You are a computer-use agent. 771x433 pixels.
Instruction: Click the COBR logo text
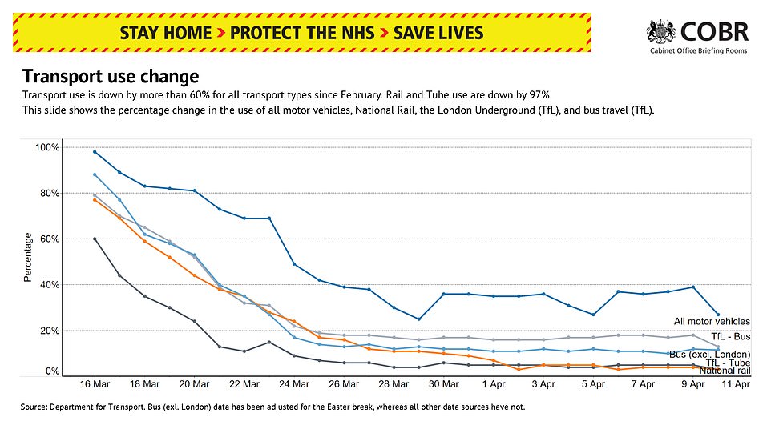[x=715, y=31]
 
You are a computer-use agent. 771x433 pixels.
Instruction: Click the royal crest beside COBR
[x=661, y=33]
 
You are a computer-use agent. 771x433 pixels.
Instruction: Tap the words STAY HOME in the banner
[x=165, y=33]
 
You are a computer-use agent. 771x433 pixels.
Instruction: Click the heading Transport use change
[x=110, y=77]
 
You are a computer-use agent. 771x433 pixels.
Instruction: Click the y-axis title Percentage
[x=28, y=257]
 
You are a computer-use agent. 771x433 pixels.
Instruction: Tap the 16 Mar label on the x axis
[x=95, y=384]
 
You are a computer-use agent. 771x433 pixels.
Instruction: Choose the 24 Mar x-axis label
[x=293, y=384]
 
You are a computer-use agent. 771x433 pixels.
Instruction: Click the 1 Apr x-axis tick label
[x=494, y=384]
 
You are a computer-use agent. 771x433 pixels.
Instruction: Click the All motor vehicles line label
[x=712, y=322]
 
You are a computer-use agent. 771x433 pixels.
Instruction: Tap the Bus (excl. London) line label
[x=708, y=354]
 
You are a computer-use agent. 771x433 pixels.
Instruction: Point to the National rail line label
[x=725, y=370]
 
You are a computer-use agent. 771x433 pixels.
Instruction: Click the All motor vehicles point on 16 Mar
[x=95, y=151]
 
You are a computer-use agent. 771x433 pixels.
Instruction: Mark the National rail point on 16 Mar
[x=95, y=239]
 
